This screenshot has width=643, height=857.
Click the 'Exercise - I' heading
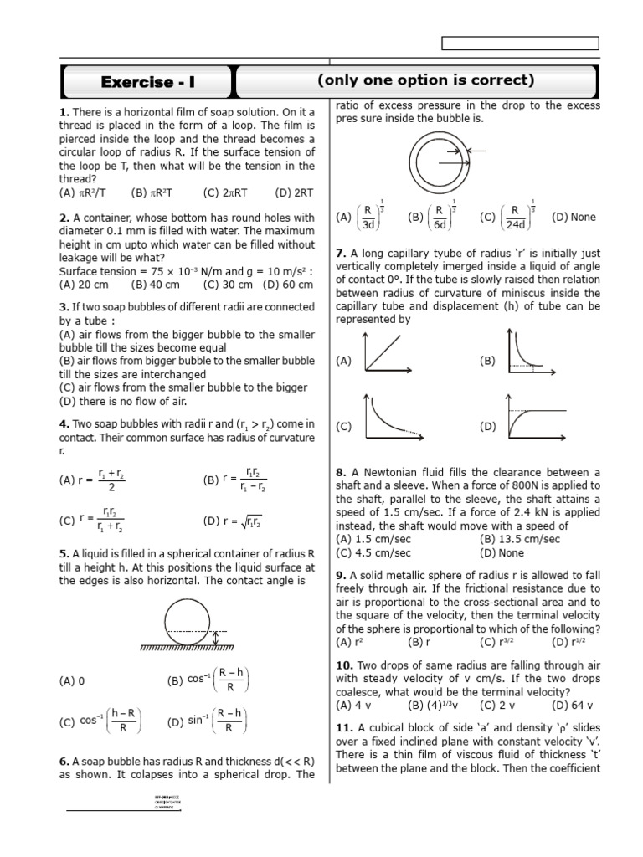[x=147, y=82]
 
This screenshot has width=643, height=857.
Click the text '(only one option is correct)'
[x=425, y=80]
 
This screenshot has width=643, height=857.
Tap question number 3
[x=63, y=307]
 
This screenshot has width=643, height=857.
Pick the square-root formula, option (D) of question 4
[x=233, y=521]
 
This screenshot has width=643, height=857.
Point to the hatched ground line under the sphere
[x=187, y=647]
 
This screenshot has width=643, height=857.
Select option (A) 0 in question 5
[x=73, y=681]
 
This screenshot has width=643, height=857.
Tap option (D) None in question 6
[x=574, y=217]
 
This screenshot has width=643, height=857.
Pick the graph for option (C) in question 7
[x=387, y=416]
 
